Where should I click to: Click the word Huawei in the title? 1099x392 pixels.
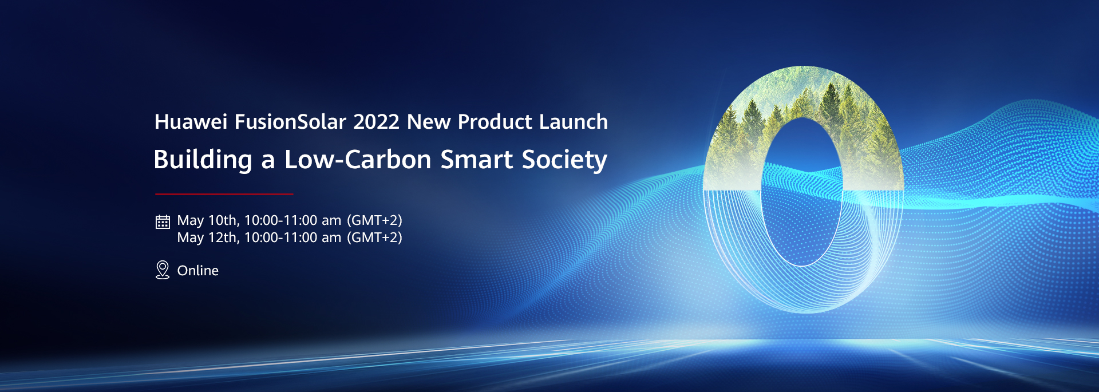pos(191,122)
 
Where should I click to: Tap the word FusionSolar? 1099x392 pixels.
pos(290,122)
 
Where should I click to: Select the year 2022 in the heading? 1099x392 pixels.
pos(376,122)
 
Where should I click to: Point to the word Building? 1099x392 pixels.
pos(203,160)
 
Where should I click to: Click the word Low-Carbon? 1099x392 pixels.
pos(358,160)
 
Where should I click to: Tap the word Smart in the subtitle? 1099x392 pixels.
pos(477,160)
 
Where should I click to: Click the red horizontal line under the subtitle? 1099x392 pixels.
pos(224,194)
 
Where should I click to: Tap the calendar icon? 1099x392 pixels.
pos(163,221)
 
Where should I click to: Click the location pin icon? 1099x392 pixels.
pos(163,270)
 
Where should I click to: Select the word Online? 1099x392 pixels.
pos(198,271)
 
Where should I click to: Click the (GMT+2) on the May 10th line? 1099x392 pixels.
pos(375,220)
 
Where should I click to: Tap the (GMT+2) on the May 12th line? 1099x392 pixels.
pos(375,237)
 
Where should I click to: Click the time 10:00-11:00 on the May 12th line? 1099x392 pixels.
pos(281,237)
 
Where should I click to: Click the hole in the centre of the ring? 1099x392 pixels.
pos(802,192)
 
